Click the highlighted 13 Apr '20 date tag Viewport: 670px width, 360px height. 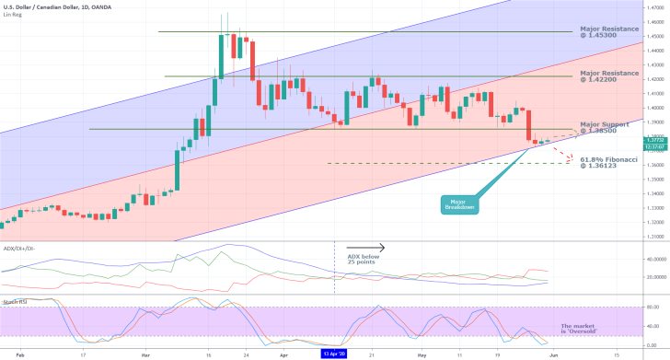coord(334,353)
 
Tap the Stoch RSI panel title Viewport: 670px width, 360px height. coord(15,301)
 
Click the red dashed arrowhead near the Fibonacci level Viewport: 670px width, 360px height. coord(572,158)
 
